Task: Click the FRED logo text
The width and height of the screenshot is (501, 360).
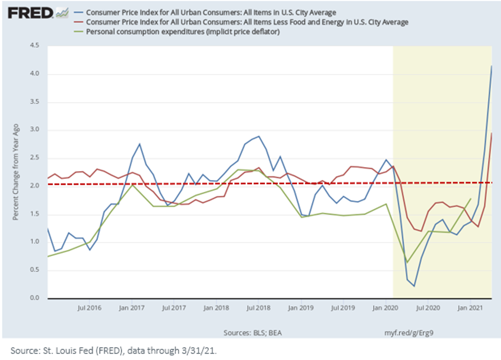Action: coord(30,13)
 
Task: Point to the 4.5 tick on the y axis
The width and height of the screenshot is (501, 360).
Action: coord(34,45)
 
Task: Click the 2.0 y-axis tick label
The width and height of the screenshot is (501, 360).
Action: coord(34,185)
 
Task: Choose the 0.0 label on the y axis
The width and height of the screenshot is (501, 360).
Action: coord(34,298)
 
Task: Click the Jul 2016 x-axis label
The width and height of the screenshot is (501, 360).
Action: coord(89,308)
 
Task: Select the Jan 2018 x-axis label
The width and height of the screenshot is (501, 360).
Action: coord(216,308)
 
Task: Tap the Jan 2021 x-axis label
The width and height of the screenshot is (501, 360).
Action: coord(471,308)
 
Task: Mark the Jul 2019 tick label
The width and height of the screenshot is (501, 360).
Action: coord(343,308)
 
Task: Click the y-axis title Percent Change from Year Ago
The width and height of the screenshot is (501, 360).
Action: coord(15,172)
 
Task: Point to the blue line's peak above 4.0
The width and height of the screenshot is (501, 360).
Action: coord(491,66)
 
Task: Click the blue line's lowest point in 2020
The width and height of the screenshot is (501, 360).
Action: coord(414,286)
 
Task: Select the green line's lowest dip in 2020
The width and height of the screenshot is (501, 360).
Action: coord(407,262)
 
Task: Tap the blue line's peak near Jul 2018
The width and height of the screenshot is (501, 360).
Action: coord(259,136)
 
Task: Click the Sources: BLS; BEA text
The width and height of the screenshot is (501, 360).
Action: coord(253,333)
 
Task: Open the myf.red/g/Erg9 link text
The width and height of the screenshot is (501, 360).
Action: coord(409,333)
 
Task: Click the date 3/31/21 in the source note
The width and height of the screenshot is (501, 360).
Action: coord(199,350)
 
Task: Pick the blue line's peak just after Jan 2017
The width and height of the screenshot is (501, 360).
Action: coord(139,144)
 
